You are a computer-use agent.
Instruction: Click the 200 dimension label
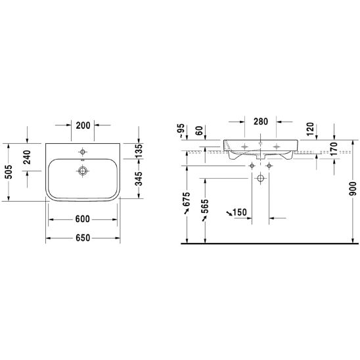(x=83, y=125)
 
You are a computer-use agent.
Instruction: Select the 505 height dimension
(x=9, y=171)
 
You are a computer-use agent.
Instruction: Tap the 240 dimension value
(x=27, y=157)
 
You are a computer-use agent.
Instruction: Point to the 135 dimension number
(x=139, y=151)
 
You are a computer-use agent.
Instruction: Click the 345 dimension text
(x=139, y=179)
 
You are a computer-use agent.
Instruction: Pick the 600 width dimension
(x=82, y=219)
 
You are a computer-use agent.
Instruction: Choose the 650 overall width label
(x=83, y=238)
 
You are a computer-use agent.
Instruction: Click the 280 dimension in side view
(x=261, y=122)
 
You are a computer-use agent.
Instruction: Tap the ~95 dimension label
(x=181, y=131)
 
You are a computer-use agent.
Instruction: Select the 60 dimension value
(x=200, y=131)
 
